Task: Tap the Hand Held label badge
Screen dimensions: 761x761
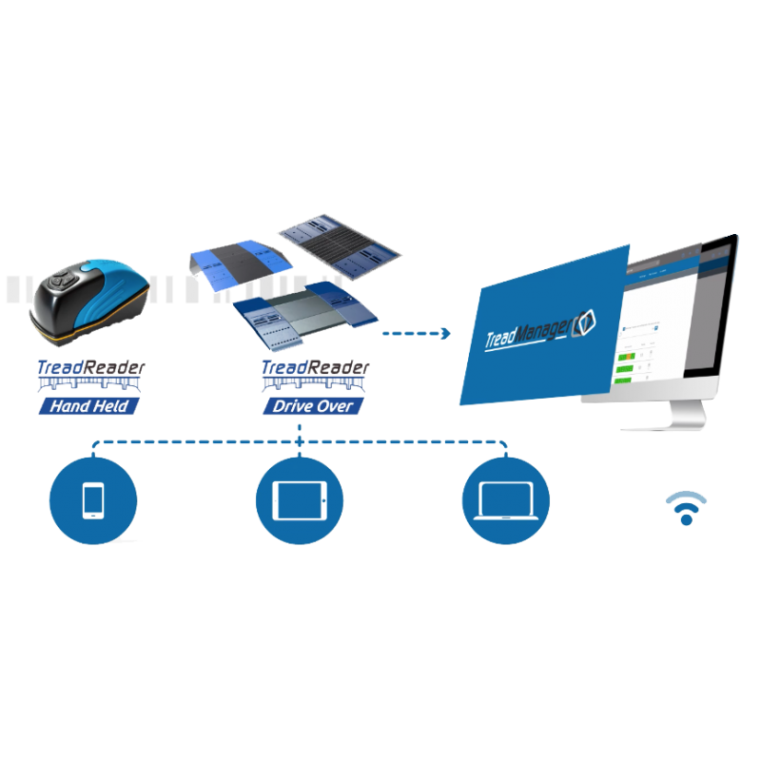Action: tap(88, 406)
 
